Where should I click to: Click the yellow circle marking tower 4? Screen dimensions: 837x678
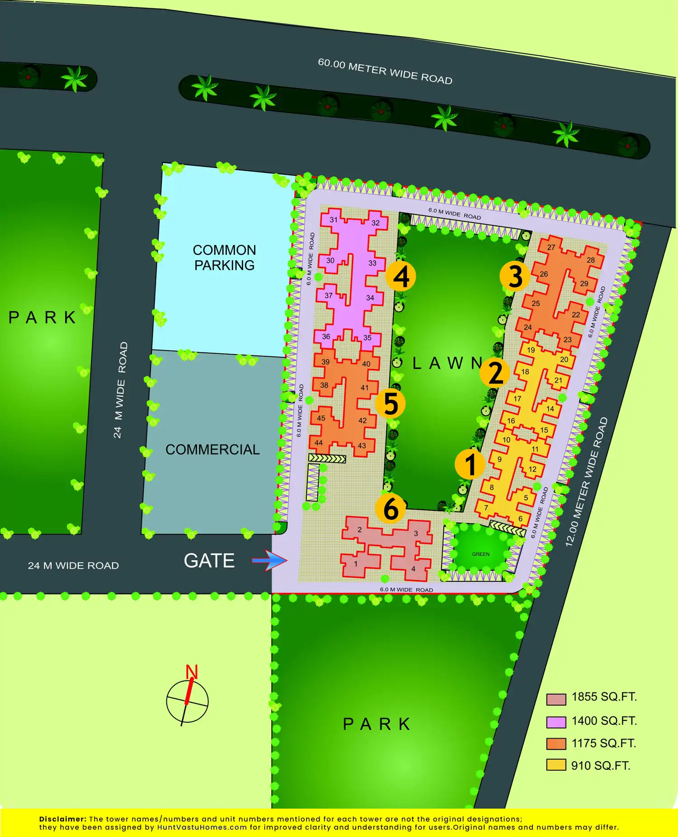400,276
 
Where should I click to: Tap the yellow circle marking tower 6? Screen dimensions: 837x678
391,508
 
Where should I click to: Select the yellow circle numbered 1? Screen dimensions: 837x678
470,464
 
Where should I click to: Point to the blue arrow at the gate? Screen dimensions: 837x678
270,561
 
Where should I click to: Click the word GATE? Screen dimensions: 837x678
209,561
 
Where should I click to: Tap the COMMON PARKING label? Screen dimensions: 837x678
224,257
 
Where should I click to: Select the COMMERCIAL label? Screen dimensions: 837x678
212,449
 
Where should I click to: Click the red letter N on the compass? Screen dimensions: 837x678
192,672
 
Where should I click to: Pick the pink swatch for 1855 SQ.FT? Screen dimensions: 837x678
556,699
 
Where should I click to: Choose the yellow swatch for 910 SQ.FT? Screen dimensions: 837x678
556,765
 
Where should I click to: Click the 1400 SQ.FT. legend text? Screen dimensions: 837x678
604,721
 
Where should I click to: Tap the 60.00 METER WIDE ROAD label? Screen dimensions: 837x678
385,71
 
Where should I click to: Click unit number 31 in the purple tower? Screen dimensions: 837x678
334,220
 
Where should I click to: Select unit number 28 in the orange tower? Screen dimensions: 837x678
591,260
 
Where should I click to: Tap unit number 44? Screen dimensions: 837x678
319,443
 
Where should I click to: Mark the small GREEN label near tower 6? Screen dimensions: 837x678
480,554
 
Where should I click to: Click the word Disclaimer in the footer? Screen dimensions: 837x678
62,819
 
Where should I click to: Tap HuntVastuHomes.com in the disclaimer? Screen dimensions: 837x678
202,828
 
